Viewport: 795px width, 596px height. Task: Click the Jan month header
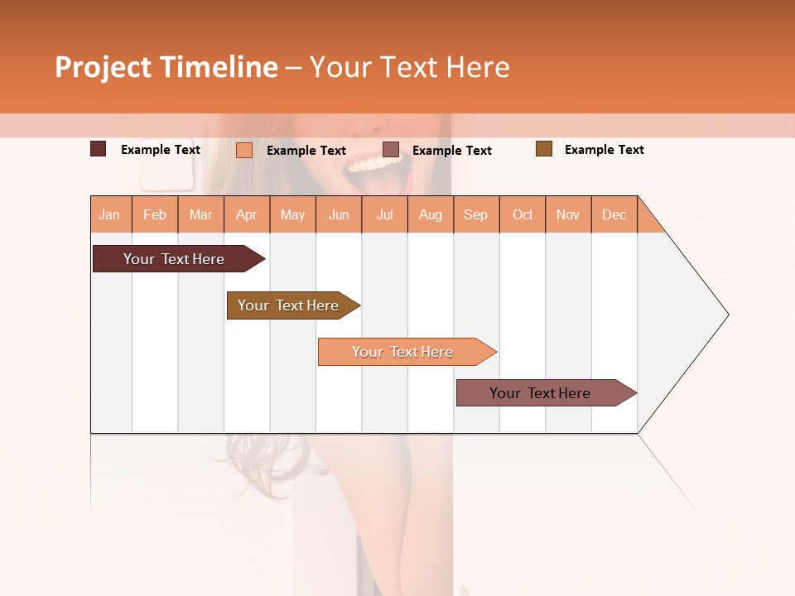coord(109,214)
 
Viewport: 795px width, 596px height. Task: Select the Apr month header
coord(246,214)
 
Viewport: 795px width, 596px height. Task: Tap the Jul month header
coord(384,214)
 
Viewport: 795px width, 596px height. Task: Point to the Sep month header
coord(475,214)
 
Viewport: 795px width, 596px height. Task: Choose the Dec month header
coord(614,214)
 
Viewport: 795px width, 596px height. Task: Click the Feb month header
coord(155,214)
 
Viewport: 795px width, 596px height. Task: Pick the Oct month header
coord(523,214)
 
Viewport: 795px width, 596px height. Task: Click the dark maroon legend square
coord(99,149)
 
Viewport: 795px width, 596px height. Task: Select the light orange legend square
coord(244,150)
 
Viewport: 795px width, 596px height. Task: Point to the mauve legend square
coord(391,150)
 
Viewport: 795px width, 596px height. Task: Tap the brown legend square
coord(544,149)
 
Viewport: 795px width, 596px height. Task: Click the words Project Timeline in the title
coord(166,67)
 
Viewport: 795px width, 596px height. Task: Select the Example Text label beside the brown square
coord(604,150)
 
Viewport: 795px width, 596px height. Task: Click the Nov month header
coord(568,214)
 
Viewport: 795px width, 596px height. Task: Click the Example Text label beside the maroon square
coord(161,150)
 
